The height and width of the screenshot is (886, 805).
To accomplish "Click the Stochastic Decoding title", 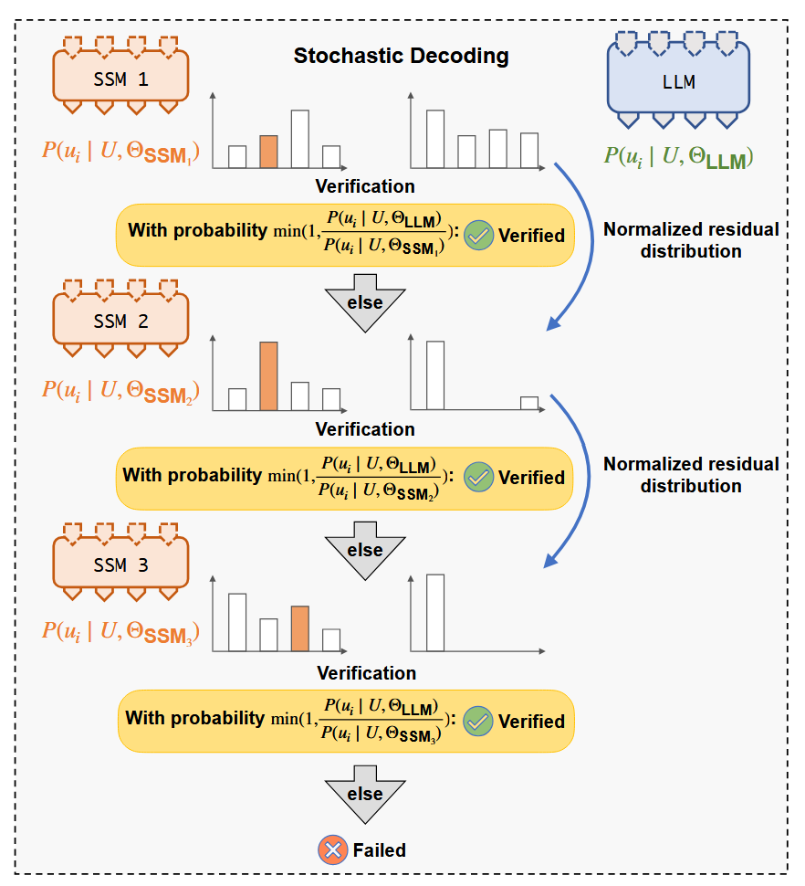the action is point(401,56).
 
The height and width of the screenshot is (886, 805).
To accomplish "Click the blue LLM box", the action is point(678,79).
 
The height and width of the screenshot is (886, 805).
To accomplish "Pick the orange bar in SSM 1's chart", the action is point(268,152).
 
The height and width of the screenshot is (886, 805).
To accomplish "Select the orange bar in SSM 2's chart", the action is point(268,375).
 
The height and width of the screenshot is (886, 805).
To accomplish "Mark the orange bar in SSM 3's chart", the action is point(299,628).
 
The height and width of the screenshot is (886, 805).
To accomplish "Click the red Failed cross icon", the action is point(332,849).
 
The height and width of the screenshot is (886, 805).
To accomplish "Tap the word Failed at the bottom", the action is point(380,850).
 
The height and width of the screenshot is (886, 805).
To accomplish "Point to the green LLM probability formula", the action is point(678,157).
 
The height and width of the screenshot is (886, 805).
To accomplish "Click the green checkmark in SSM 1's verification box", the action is point(478,235).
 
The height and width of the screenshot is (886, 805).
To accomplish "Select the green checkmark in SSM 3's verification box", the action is point(477,722).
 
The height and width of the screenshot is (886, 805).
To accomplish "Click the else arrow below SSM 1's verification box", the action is point(365,303).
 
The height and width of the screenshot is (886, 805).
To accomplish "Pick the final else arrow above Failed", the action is point(365,795).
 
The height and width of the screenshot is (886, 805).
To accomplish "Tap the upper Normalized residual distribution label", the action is point(691,240).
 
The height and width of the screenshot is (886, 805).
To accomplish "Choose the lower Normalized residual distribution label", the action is point(691,475).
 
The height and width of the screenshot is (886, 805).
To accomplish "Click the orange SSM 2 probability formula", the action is point(120,391).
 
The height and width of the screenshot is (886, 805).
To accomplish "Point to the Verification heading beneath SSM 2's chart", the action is point(365,429).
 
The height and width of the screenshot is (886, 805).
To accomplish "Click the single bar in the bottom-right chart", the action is point(435,613).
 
